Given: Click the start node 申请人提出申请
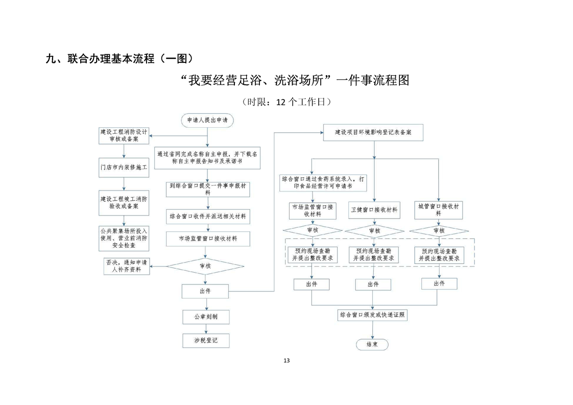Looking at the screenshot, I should click(x=207, y=120).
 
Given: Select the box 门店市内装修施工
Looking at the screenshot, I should click(x=123, y=167).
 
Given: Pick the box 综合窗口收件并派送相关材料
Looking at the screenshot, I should click(x=207, y=217).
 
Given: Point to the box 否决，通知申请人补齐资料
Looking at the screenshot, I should click(x=126, y=266).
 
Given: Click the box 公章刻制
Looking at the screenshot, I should click(x=205, y=317).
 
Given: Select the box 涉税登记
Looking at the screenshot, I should click(x=205, y=341).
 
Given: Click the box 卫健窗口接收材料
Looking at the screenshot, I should click(x=374, y=210).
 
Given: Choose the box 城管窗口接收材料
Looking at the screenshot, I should click(x=438, y=209).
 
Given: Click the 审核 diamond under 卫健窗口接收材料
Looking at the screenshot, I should click(x=374, y=231).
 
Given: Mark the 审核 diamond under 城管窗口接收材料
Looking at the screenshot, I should click(x=438, y=231).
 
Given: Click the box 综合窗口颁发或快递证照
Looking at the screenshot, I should click(x=373, y=315).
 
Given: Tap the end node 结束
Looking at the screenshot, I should click(x=372, y=344).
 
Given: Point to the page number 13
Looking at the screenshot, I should click(x=286, y=361).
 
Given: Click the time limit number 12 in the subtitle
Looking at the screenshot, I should click(x=280, y=102).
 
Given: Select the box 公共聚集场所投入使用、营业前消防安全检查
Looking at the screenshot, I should click(x=123, y=238).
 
